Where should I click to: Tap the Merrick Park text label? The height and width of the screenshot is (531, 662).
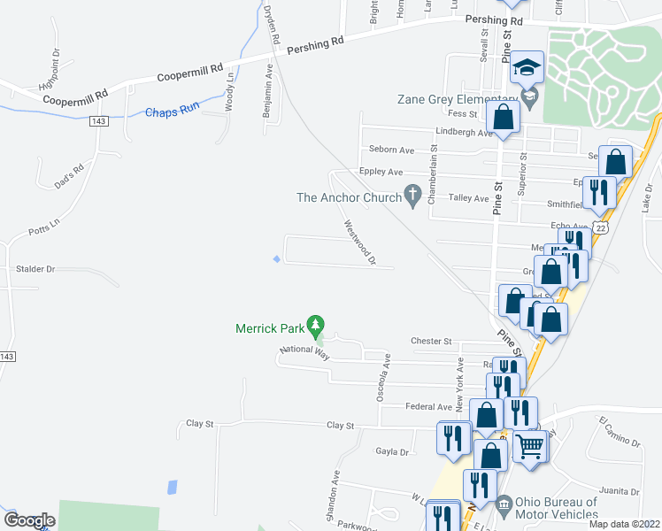(269, 328)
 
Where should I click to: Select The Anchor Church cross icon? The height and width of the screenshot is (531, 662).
(412, 195)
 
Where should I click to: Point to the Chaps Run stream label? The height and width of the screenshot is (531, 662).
(172, 112)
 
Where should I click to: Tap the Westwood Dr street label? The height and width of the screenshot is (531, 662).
(360, 242)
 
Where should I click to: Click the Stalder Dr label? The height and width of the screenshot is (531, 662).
(35, 268)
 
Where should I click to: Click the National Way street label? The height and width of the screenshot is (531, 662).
(304, 351)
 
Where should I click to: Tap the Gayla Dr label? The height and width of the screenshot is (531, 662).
(392, 451)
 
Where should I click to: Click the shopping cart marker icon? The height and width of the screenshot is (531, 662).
(530, 444)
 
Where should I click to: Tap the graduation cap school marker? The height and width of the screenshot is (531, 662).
(527, 67)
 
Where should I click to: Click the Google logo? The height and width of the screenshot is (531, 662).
(29, 520)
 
